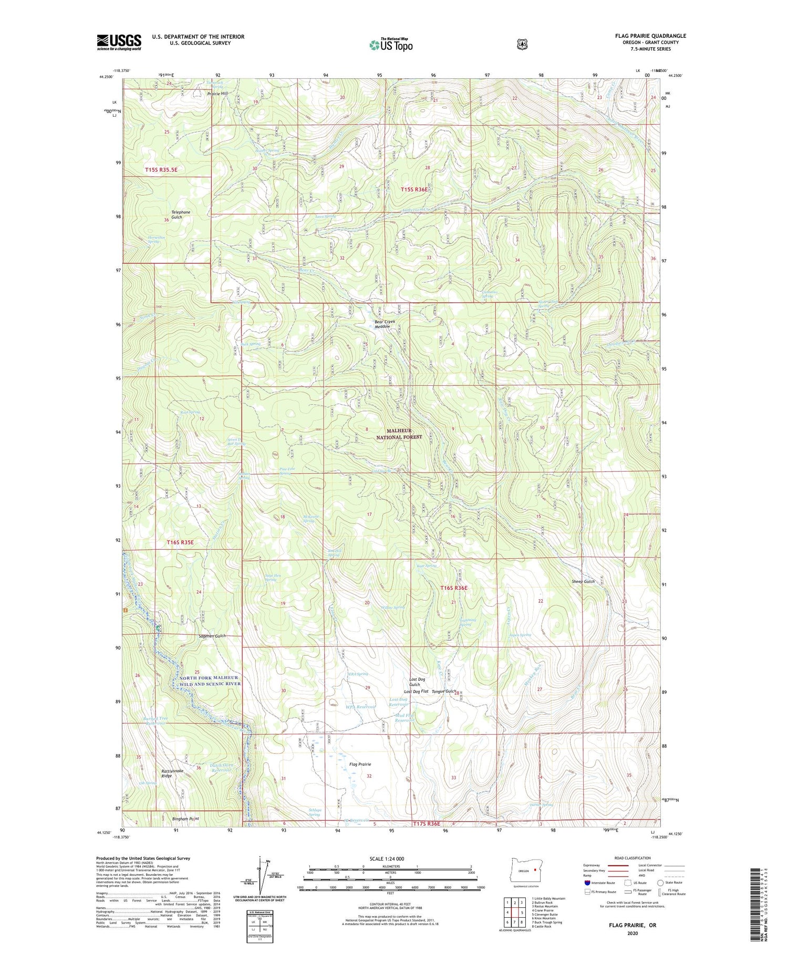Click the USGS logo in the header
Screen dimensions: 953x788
pyautogui.click(x=119, y=42)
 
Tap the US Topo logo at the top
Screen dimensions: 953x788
pyautogui.click(x=391, y=45)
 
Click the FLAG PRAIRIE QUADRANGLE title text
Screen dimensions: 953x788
pyautogui.click(x=650, y=36)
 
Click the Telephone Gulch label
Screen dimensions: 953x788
pyautogui.click(x=181, y=214)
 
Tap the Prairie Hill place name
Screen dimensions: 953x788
pyautogui.click(x=218, y=94)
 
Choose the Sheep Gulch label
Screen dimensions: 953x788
pyautogui.click(x=583, y=581)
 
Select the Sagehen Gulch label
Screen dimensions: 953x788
pyautogui.click(x=212, y=636)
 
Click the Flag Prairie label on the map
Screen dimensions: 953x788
pyautogui.click(x=360, y=764)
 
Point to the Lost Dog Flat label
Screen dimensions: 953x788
pyautogui.click(x=416, y=691)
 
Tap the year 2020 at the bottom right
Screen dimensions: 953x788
pyautogui.click(x=632, y=934)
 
